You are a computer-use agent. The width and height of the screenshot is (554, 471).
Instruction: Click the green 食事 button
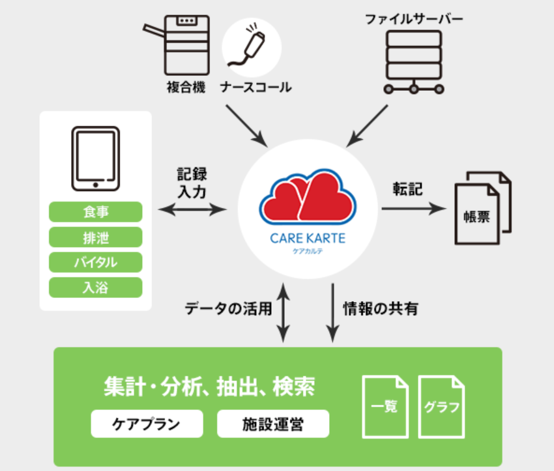click(x=95, y=212)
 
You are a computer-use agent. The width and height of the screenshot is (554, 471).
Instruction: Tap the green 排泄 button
click(x=95, y=237)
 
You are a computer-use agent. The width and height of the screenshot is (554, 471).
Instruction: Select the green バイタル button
click(x=95, y=262)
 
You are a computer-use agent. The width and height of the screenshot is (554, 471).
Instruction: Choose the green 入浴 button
click(x=95, y=287)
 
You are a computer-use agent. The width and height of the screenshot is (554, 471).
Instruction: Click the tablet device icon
click(x=95, y=159)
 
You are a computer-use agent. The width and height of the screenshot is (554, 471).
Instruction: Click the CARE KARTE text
click(x=308, y=238)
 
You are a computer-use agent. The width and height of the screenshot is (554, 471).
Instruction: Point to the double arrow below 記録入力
click(x=193, y=210)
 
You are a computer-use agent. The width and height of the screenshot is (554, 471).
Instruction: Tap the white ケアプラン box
click(x=146, y=424)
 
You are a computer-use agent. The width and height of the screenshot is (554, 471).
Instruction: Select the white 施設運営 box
click(x=273, y=424)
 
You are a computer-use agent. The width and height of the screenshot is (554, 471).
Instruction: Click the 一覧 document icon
click(x=385, y=406)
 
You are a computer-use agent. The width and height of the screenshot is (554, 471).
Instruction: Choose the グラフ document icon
click(x=441, y=406)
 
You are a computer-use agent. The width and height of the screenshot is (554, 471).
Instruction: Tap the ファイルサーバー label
click(x=414, y=18)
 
